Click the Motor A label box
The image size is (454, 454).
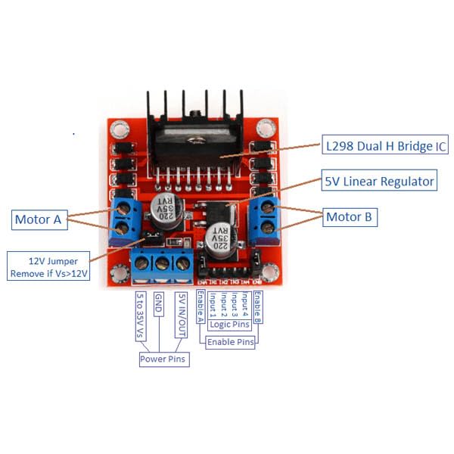coord(38,219)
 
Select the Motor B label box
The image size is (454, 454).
coord(350,216)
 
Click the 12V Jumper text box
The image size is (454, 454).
coord(47,266)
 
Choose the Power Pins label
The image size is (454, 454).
coord(163,359)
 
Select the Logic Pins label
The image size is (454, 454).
coord(230,325)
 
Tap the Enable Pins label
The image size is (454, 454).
coord(232,342)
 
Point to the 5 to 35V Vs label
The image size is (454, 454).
coord(139,316)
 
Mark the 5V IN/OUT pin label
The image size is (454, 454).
coord(180,315)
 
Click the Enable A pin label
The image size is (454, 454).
coord(201,306)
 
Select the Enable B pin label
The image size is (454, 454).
coord(257,306)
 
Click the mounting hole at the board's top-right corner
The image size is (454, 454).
coord(264,129)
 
